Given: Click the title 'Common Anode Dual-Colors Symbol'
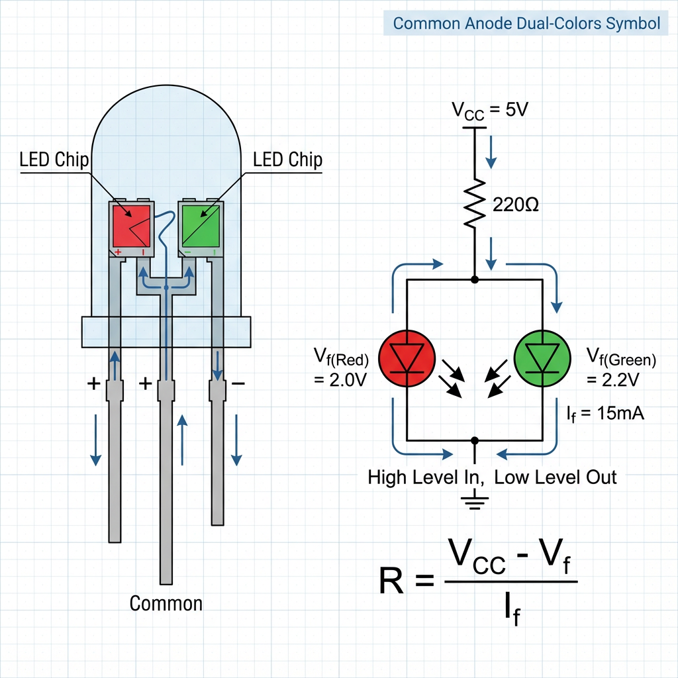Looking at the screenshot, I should pos(526,24).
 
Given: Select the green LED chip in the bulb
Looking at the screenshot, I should pos(201,226).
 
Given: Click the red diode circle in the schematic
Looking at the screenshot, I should pos(406,359).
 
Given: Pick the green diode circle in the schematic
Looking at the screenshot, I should pos(542,359).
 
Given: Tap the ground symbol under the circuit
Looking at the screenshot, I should pos(475,501).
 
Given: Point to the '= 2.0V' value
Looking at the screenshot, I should pos(340,383).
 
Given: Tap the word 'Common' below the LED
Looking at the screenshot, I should pos(166,603).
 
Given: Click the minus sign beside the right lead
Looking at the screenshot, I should pos(238,383).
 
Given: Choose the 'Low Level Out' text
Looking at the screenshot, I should pos(556,477).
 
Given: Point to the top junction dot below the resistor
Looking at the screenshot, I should pos(475,280).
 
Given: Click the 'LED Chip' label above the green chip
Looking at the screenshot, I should pos(287,160).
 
